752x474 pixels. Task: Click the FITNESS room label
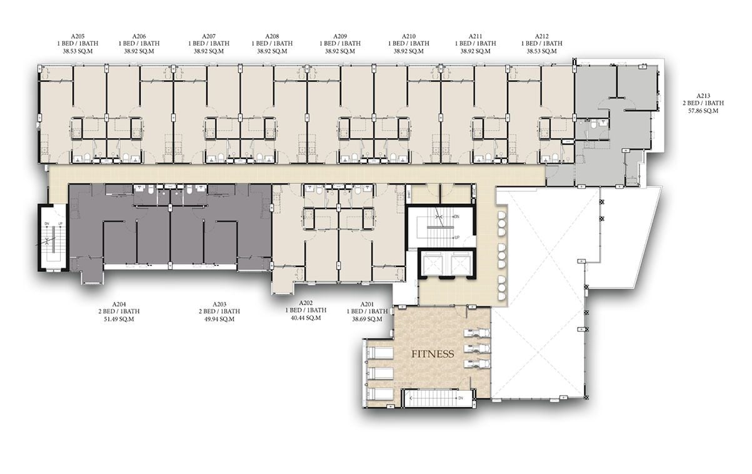[433, 354]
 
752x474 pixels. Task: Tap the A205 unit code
[78, 36]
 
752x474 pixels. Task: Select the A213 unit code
[703, 96]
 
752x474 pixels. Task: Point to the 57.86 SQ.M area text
[703, 111]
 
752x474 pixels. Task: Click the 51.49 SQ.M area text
[119, 319]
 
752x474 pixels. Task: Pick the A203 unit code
[219, 304]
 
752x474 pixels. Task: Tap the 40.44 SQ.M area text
[306, 318]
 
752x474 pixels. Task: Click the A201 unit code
[367, 304]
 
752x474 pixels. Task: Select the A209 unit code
[340, 36]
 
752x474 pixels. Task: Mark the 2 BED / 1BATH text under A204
[119, 311]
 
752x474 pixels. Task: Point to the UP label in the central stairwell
[457, 238]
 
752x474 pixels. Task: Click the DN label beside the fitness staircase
[461, 398]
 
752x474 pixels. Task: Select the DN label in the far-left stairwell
[47, 224]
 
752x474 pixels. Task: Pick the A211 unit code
[475, 36]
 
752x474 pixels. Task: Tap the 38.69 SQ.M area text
[367, 319]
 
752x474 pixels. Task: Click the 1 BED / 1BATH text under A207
[209, 44]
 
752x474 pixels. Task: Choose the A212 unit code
[542, 36]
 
